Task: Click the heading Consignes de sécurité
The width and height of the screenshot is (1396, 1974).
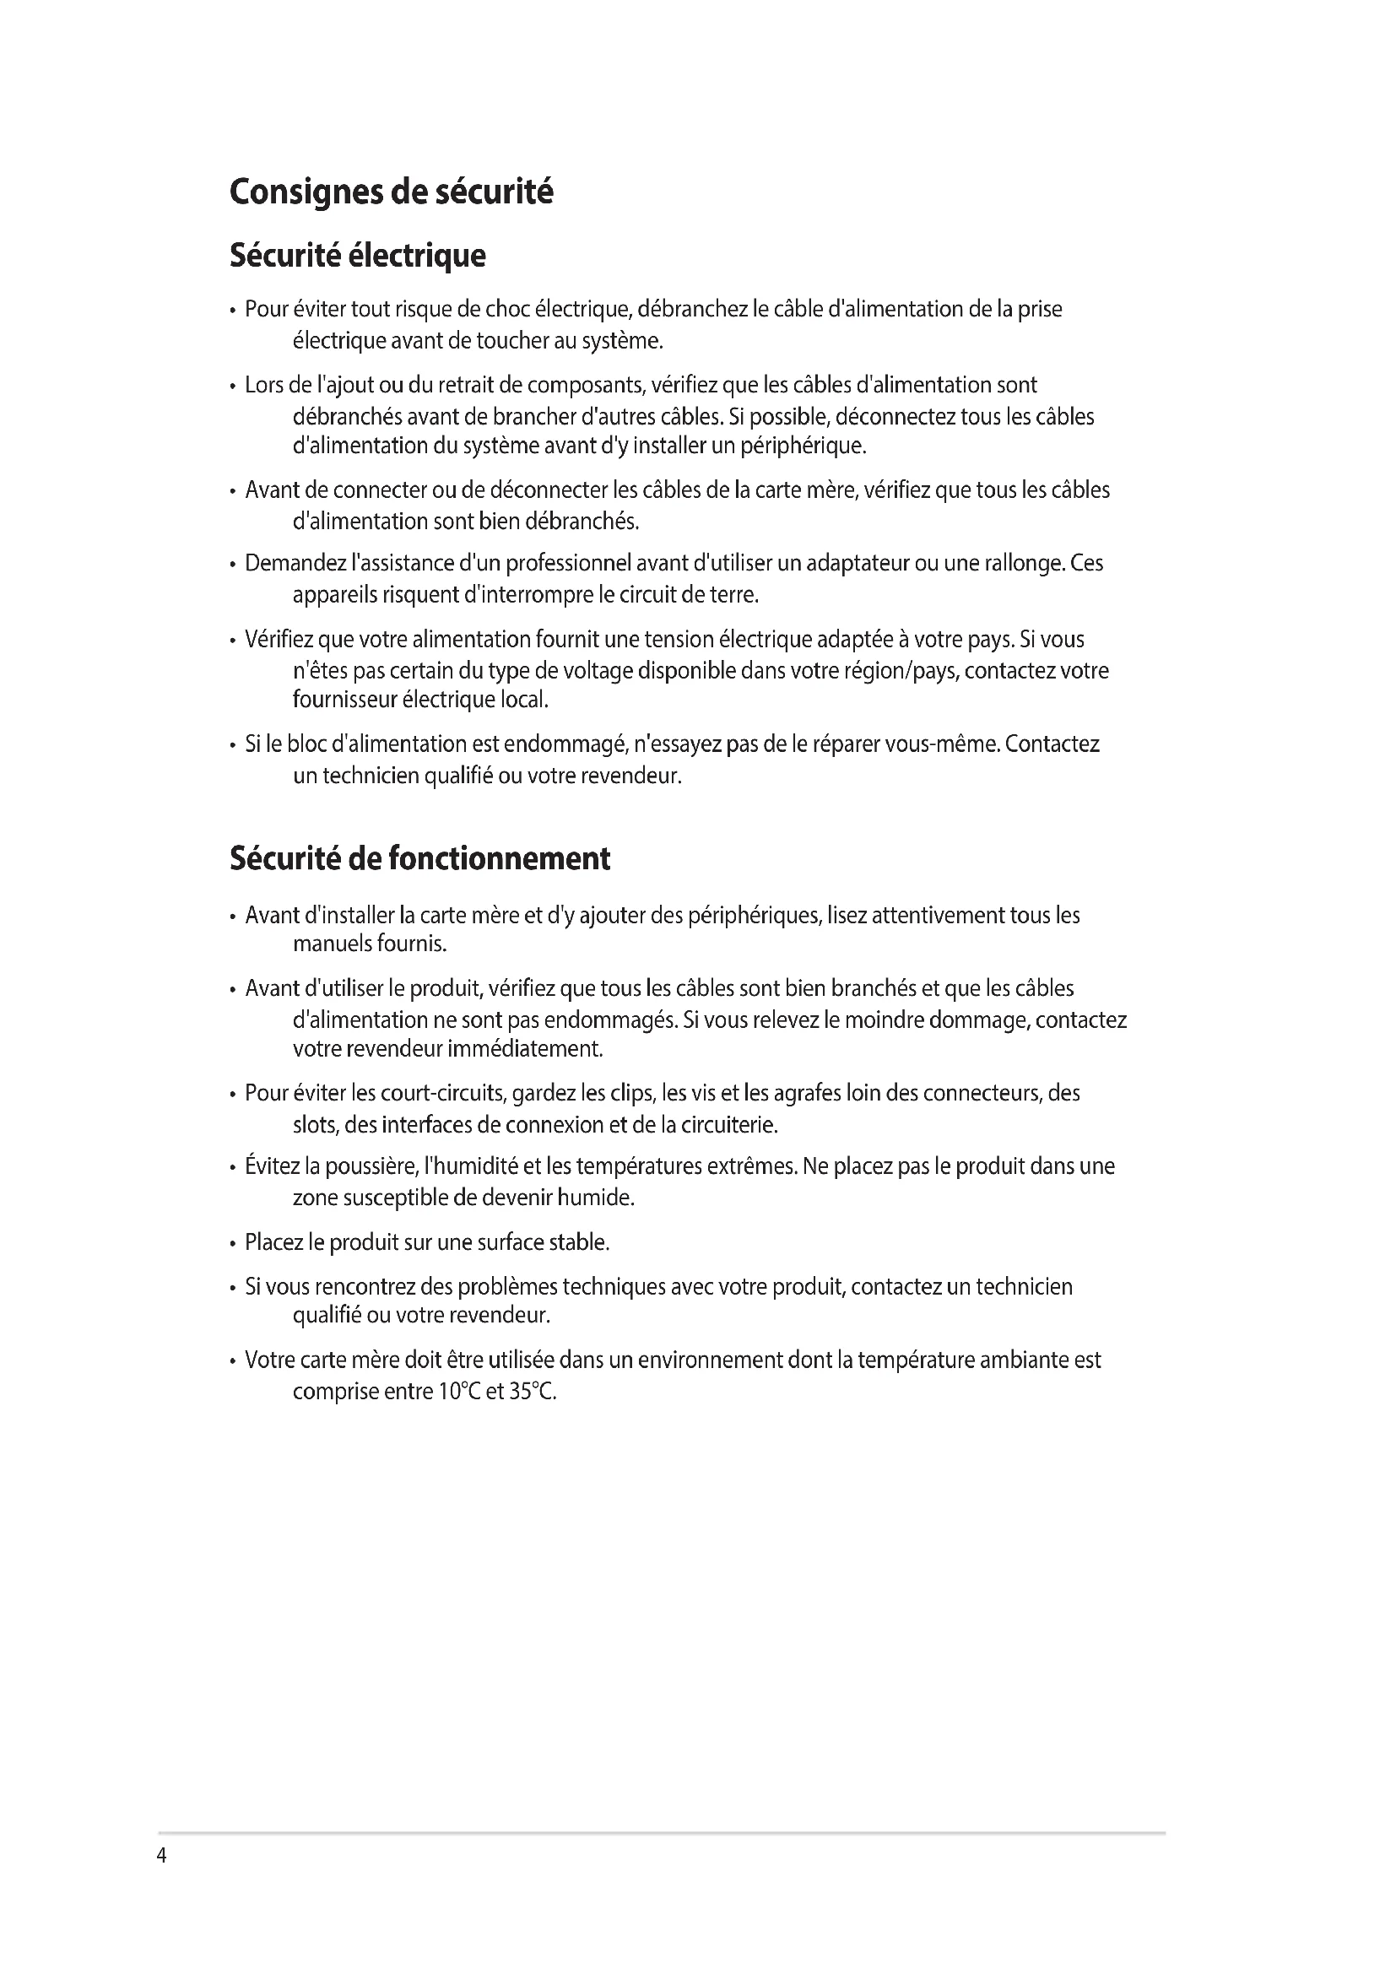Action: tap(391, 192)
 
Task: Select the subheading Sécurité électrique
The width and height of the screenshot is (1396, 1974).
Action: tap(358, 256)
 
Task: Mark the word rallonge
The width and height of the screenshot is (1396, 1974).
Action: tap(1016, 563)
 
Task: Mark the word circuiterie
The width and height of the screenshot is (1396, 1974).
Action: tap(729, 1124)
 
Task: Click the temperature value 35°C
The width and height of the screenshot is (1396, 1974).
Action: tap(532, 1391)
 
